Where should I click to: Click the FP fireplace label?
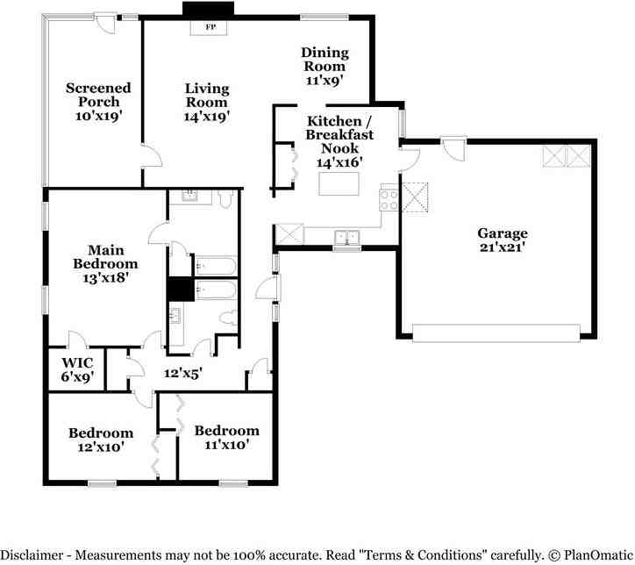(210, 27)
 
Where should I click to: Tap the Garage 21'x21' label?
(503, 240)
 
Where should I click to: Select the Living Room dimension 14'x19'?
(207, 117)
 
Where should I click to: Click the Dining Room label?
(325, 59)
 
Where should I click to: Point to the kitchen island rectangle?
(339, 184)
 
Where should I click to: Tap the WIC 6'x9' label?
(77, 369)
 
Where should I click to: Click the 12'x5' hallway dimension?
(183, 373)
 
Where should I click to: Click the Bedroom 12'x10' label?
(101, 440)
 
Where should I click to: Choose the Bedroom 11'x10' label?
(227, 438)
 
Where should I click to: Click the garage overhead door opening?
(496, 333)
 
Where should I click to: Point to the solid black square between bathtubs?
(181, 290)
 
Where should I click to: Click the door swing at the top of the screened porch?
(106, 23)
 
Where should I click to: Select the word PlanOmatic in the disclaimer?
(598, 554)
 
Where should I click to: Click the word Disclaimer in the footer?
(32, 554)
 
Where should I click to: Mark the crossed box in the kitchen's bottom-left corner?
(289, 234)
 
